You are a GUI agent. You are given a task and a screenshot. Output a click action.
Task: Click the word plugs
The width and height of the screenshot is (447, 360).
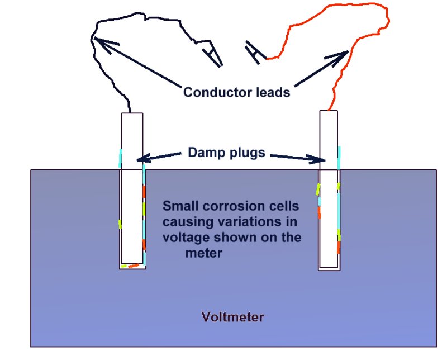coord(246,151)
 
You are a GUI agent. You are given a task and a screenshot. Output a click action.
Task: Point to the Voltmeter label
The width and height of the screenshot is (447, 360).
coord(232,318)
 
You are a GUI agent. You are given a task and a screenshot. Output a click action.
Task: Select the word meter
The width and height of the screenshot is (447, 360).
coord(203,253)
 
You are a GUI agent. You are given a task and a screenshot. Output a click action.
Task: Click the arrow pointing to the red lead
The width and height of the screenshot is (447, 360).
coord(318,69)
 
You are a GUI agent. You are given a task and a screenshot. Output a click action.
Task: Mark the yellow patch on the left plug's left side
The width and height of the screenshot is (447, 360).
coord(120,224)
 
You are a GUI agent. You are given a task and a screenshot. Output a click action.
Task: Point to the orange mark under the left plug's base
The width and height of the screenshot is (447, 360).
coord(133,266)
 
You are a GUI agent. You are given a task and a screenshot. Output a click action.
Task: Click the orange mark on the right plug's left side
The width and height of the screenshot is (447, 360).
coord(320,212)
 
